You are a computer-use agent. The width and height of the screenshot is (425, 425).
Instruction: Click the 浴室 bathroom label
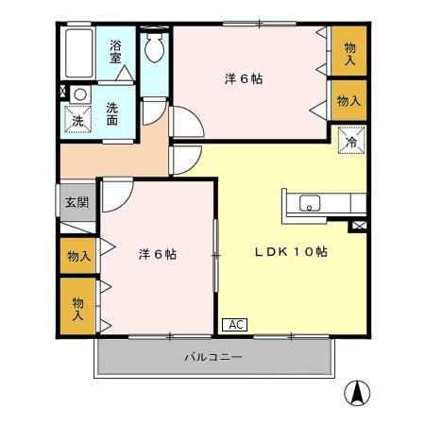pyautogui.click(x=115, y=51)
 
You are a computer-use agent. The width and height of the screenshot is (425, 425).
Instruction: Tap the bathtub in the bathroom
pyautogui.click(x=79, y=56)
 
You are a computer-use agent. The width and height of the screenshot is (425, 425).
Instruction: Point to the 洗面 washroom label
pyautogui.click(x=111, y=114)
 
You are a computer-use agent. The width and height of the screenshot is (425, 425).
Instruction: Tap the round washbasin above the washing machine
pyautogui.click(x=79, y=94)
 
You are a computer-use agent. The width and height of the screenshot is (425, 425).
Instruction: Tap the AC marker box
pyautogui.click(x=235, y=325)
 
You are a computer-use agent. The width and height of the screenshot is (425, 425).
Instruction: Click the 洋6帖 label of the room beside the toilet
pyautogui.click(x=244, y=78)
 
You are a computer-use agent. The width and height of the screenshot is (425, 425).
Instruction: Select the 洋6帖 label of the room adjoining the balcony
pyautogui.click(x=157, y=254)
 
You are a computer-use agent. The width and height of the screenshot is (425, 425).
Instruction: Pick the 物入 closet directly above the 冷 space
pyautogui.click(x=348, y=99)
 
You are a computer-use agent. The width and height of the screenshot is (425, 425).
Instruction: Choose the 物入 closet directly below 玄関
pyautogui.click(x=77, y=255)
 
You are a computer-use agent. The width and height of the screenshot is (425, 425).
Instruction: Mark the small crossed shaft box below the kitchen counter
pyautogui.click(x=358, y=226)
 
